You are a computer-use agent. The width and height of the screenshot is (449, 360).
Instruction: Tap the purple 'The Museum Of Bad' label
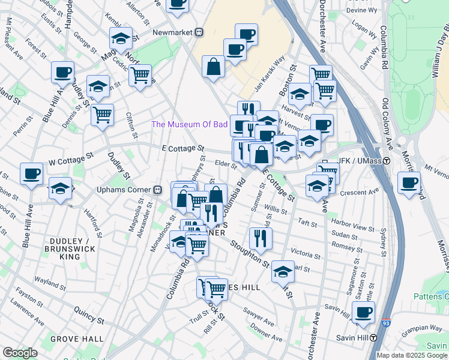point(189,124)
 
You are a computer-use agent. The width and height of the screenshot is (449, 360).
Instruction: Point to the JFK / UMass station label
point(360,161)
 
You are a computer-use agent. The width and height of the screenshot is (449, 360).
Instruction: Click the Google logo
point(20,353)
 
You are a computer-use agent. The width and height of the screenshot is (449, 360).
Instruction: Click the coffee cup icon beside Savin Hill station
point(363,312)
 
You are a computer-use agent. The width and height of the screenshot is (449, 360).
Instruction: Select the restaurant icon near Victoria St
point(261,238)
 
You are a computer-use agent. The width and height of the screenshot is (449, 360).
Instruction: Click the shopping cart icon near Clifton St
point(103,113)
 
